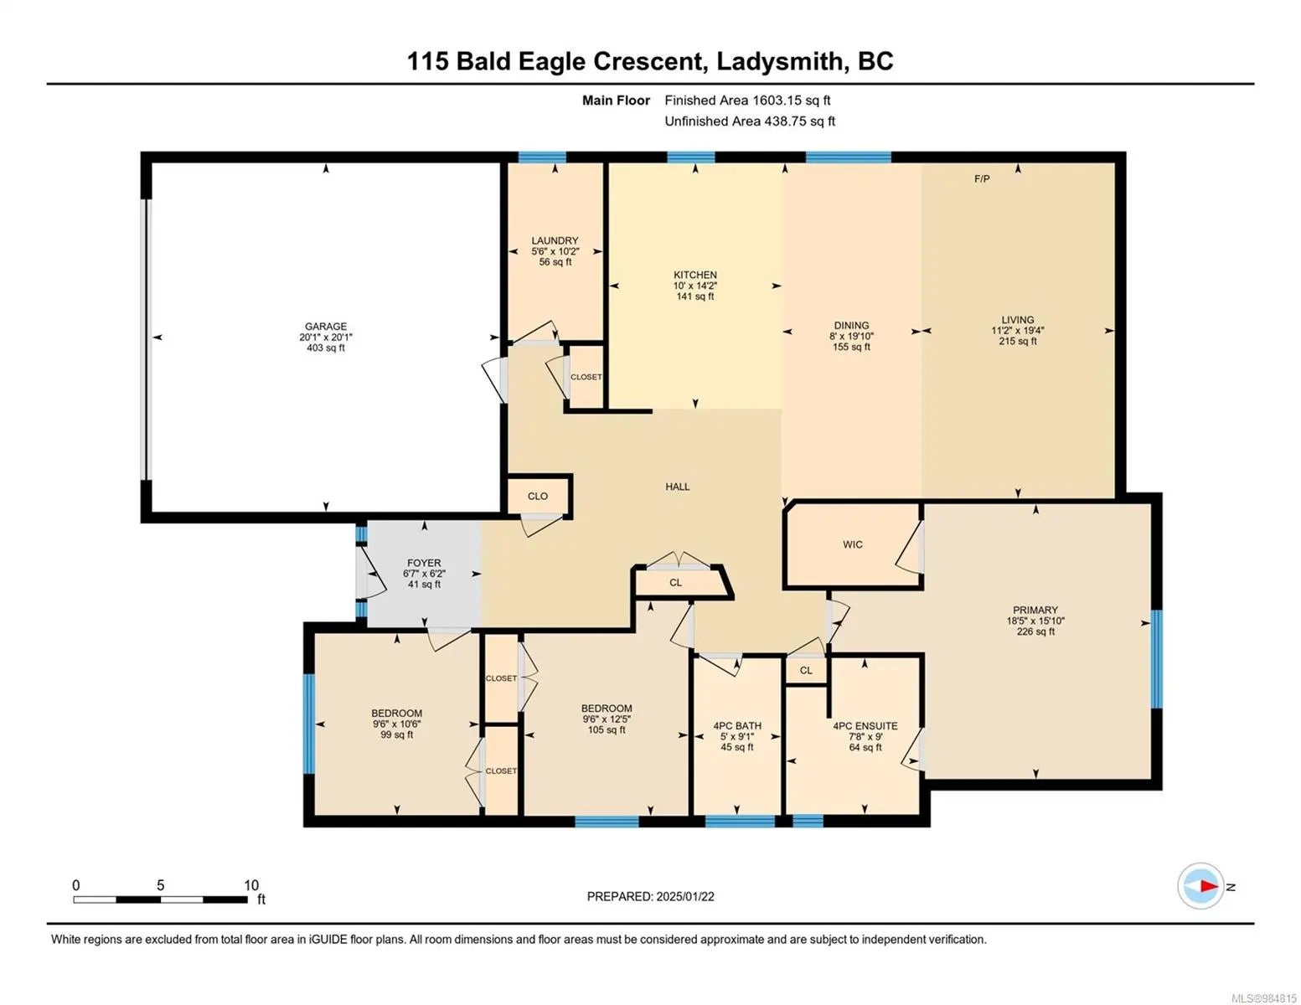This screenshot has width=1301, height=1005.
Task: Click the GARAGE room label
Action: tap(326, 327)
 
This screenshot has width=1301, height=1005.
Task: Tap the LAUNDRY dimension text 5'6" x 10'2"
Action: tap(555, 251)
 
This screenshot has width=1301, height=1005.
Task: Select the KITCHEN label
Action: tap(695, 275)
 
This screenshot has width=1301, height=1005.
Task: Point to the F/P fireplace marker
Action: tap(982, 178)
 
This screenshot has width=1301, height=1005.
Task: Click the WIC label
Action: tap(853, 544)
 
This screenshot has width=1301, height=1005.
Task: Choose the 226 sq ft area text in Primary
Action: tap(1035, 631)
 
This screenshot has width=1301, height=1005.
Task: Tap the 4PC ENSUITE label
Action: tap(865, 725)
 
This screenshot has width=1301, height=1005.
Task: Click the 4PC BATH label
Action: tap(737, 725)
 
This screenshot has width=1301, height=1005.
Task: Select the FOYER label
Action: tap(424, 563)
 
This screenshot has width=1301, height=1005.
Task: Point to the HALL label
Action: tap(678, 487)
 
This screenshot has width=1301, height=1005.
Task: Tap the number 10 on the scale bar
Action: tap(250, 884)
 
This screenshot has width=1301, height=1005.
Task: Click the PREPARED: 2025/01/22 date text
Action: tap(651, 896)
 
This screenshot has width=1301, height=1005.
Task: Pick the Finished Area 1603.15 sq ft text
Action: tap(748, 100)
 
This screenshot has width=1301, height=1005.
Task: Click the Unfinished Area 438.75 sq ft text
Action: tap(750, 121)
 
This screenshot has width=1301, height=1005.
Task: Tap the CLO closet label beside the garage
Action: tap(538, 496)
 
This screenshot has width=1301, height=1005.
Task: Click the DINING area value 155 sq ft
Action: tap(851, 347)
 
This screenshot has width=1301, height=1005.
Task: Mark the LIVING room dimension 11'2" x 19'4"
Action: tap(1018, 330)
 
